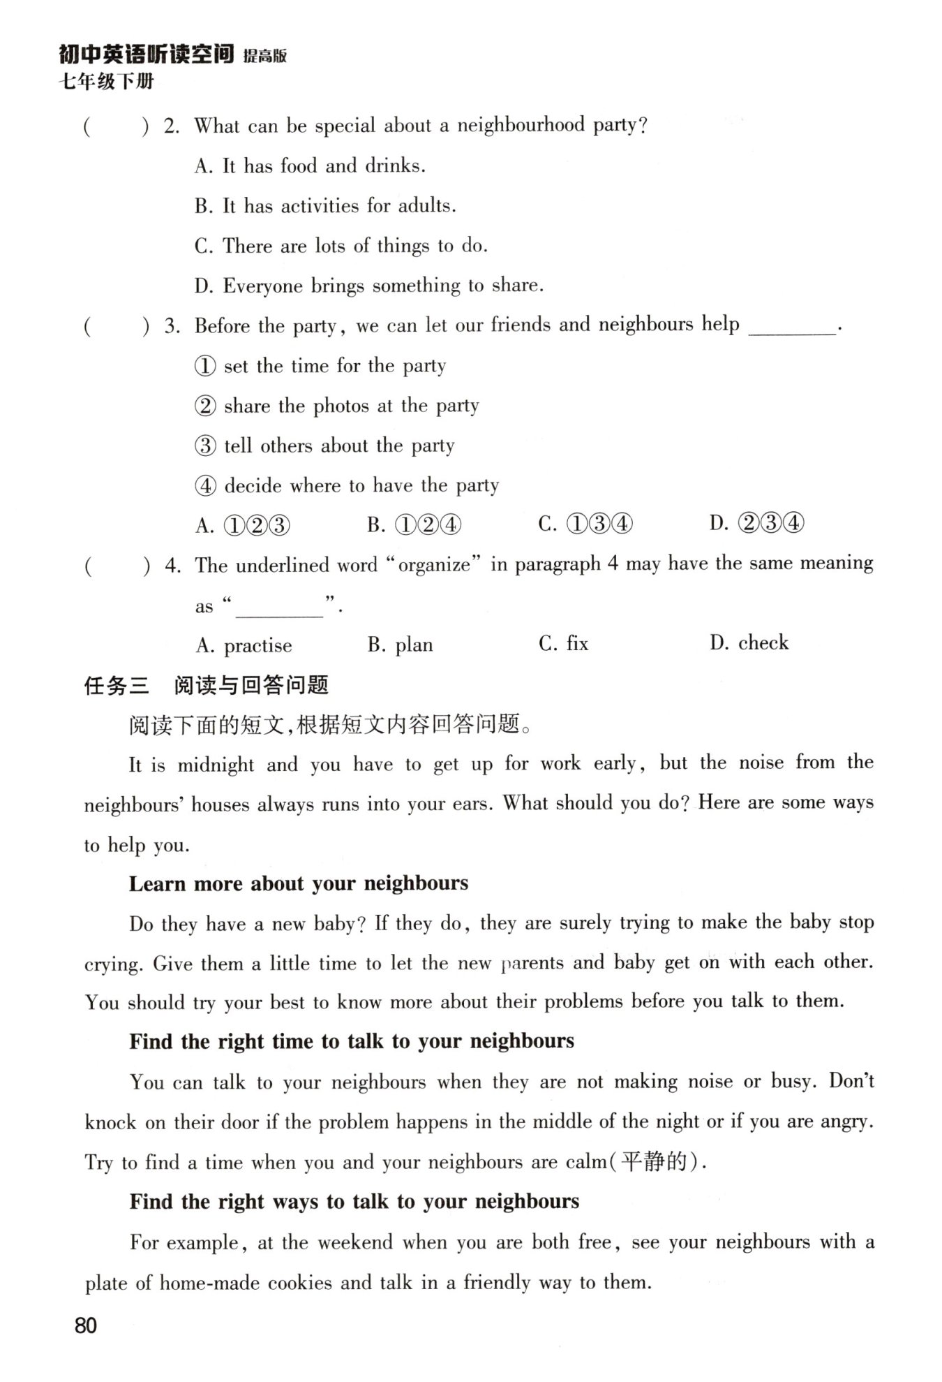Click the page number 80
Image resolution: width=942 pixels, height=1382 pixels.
tap(86, 1325)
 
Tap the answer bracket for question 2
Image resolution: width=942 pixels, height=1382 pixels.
tap(116, 127)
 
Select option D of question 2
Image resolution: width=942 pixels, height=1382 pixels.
tap(368, 286)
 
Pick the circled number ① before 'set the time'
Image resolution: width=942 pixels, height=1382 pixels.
tap(205, 366)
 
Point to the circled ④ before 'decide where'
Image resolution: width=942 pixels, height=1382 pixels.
tap(205, 486)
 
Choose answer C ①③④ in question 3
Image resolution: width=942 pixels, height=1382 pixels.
tap(585, 524)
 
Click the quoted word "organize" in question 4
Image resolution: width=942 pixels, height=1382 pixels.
tap(434, 564)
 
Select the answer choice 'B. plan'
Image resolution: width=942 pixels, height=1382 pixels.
tap(400, 645)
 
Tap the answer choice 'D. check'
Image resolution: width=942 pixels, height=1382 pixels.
tap(749, 643)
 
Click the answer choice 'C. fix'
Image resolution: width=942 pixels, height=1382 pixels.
tap(563, 643)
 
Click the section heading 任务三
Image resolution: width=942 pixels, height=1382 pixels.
tap(117, 686)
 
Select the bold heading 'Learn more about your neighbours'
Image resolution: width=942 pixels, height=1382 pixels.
tap(299, 883)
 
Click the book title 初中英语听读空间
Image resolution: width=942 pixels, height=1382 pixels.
tap(147, 54)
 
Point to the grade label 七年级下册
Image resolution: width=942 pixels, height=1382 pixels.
tap(107, 82)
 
